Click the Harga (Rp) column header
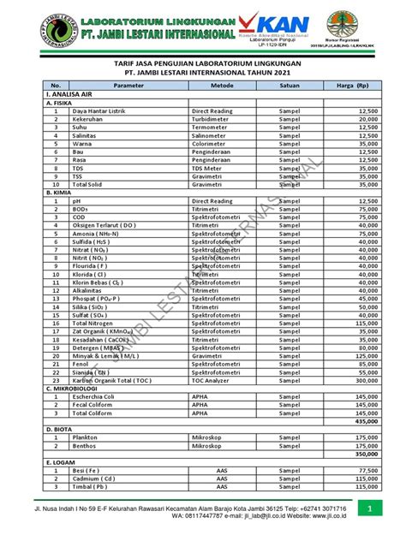(x=352, y=86)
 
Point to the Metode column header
(x=221, y=86)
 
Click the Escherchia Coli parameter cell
(x=99, y=396)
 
